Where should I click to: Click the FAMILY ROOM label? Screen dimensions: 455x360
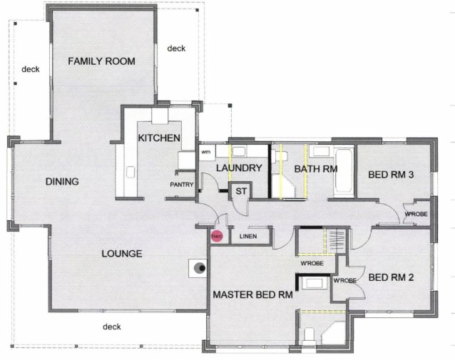[x=101, y=61]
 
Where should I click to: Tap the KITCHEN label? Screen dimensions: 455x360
[x=159, y=138]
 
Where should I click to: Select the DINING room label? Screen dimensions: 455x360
[x=62, y=182]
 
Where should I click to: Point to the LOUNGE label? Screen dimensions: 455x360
[x=122, y=254]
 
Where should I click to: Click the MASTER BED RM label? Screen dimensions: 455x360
[x=252, y=295]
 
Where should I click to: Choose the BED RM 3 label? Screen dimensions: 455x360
[x=391, y=175]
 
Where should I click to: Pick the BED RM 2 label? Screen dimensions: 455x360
[x=391, y=277]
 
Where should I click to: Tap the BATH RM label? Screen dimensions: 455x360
[x=316, y=169]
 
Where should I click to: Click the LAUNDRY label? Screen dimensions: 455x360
[x=239, y=168]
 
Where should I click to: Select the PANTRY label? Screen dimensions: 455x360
[x=182, y=185]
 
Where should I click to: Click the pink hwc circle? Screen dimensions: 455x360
[x=217, y=236]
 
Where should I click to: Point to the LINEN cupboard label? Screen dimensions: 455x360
[x=248, y=237]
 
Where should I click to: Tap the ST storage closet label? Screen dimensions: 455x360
[x=241, y=192]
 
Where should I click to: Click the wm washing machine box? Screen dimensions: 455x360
[x=208, y=153]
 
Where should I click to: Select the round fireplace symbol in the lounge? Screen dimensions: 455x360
[x=200, y=268]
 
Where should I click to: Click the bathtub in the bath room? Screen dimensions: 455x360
[x=344, y=171]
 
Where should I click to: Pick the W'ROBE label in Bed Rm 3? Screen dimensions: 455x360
[x=416, y=214]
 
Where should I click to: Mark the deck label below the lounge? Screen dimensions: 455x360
[x=112, y=327]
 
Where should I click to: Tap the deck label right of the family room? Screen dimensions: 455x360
[x=176, y=48]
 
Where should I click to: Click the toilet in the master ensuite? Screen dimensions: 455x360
[x=309, y=334]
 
